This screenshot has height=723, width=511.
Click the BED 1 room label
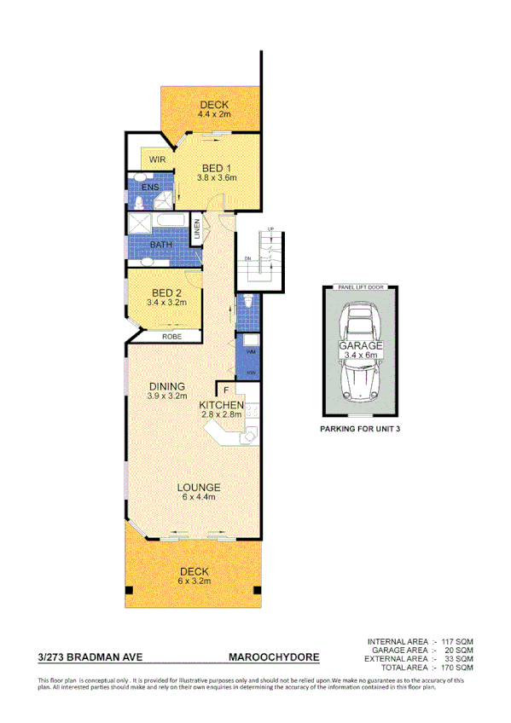click(214, 167)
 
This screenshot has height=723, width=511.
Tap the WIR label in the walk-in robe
click(157, 159)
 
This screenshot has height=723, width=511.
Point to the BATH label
click(162, 245)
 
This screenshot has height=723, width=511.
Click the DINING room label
click(166, 385)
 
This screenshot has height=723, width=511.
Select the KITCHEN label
click(223, 404)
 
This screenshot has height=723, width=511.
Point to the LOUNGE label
click(198, 488)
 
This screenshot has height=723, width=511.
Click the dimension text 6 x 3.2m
click(194, 581)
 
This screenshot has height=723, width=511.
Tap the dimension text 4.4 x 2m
click(214, 113)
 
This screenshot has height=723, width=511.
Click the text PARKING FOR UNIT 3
click(359, 430)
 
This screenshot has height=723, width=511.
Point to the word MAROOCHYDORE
click(274, 657)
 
